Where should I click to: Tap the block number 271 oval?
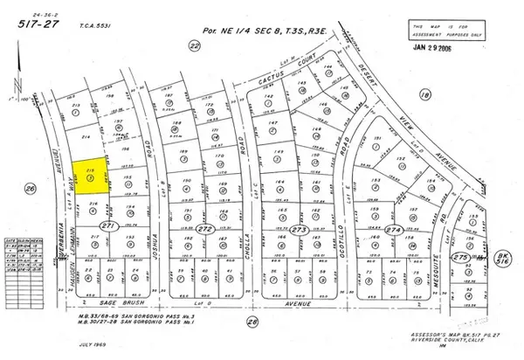coord(109,226)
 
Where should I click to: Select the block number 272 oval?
coord(206,228)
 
